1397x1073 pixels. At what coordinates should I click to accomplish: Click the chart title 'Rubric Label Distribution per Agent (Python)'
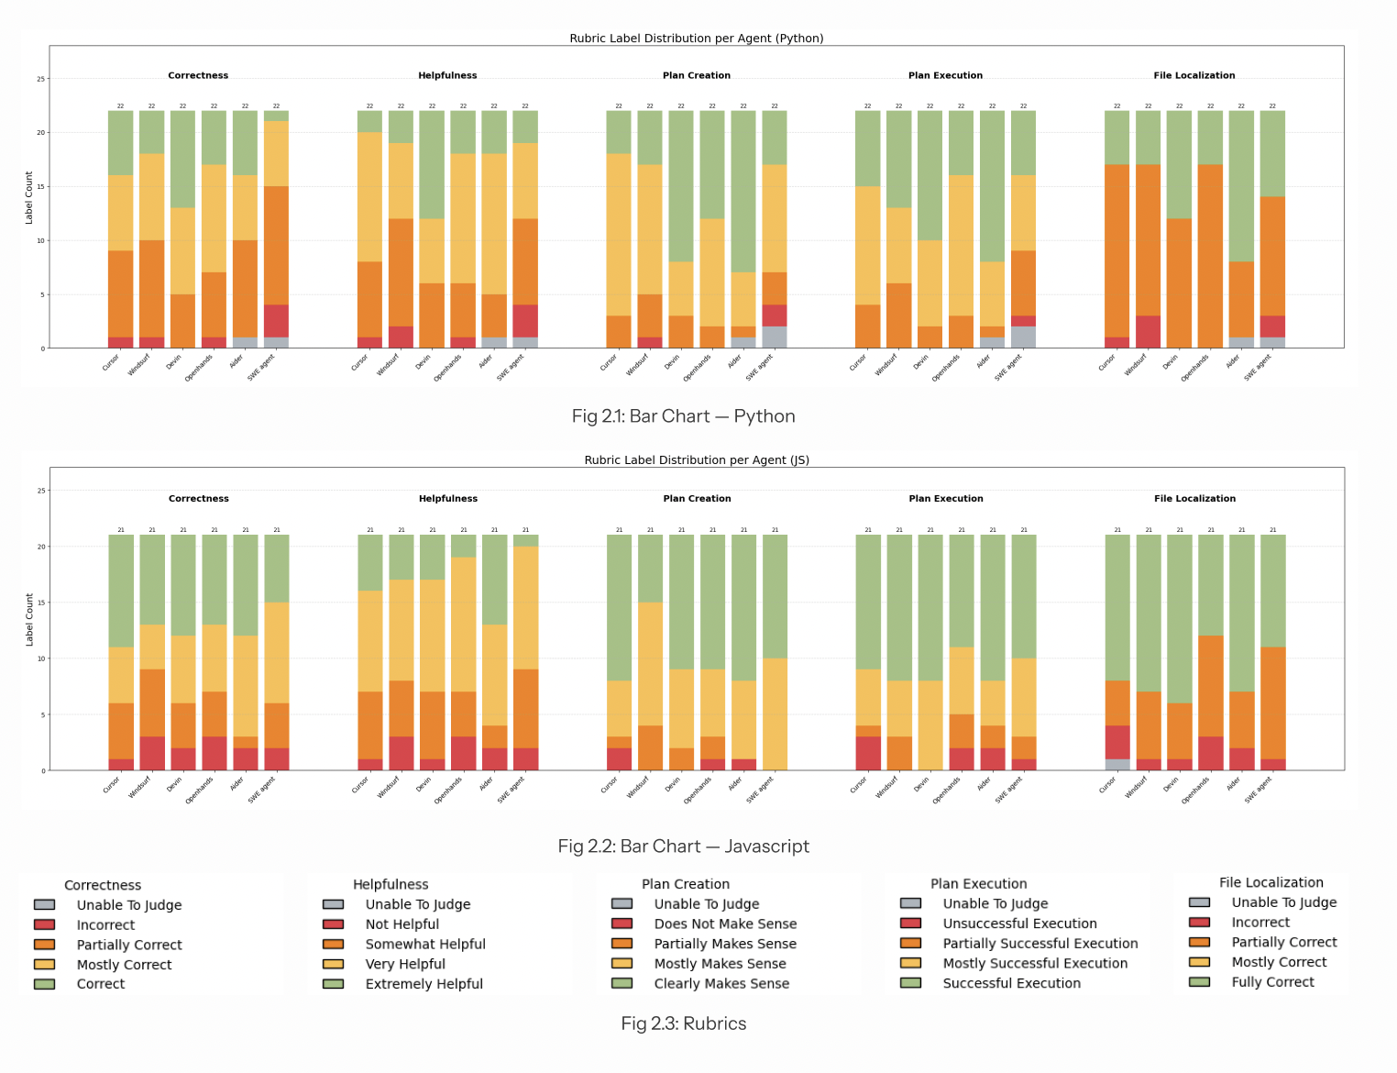(697, 39)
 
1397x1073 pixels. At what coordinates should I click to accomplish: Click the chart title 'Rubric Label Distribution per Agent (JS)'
(697, 460)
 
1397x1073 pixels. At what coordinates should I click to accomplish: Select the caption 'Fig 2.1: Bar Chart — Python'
(683, 416)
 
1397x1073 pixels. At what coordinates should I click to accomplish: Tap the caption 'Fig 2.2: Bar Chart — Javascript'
(683, 846)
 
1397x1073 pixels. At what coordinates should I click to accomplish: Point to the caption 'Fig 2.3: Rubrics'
(683, 1023)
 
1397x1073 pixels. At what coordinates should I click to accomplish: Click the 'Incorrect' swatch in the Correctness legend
(44, 925)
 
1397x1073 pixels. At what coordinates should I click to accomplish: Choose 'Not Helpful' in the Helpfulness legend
(401, 924)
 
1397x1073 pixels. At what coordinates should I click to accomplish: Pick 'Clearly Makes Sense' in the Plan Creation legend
(720, 984)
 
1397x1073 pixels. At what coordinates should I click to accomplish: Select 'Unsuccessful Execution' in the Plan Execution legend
(1019, 924)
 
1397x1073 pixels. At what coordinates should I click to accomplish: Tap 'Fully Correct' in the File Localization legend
(1272, 982)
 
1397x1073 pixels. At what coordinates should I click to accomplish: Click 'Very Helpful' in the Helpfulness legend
(404, 964)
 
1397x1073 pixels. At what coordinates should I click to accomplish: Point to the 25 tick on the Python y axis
(40, 79)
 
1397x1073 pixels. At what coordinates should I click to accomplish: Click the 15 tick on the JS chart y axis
(40, 603)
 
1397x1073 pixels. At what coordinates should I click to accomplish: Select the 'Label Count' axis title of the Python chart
(29, 197)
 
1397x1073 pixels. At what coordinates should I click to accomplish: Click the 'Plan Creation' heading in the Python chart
(697, 76)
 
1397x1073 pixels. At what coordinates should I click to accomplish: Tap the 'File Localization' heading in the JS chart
(1194, 499)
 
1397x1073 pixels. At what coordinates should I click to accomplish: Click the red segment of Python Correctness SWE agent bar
(276, 321)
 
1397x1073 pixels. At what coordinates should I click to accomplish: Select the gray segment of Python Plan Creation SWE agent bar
(775, 337)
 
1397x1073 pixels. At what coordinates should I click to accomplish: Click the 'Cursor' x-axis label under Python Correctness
(111, 363)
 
